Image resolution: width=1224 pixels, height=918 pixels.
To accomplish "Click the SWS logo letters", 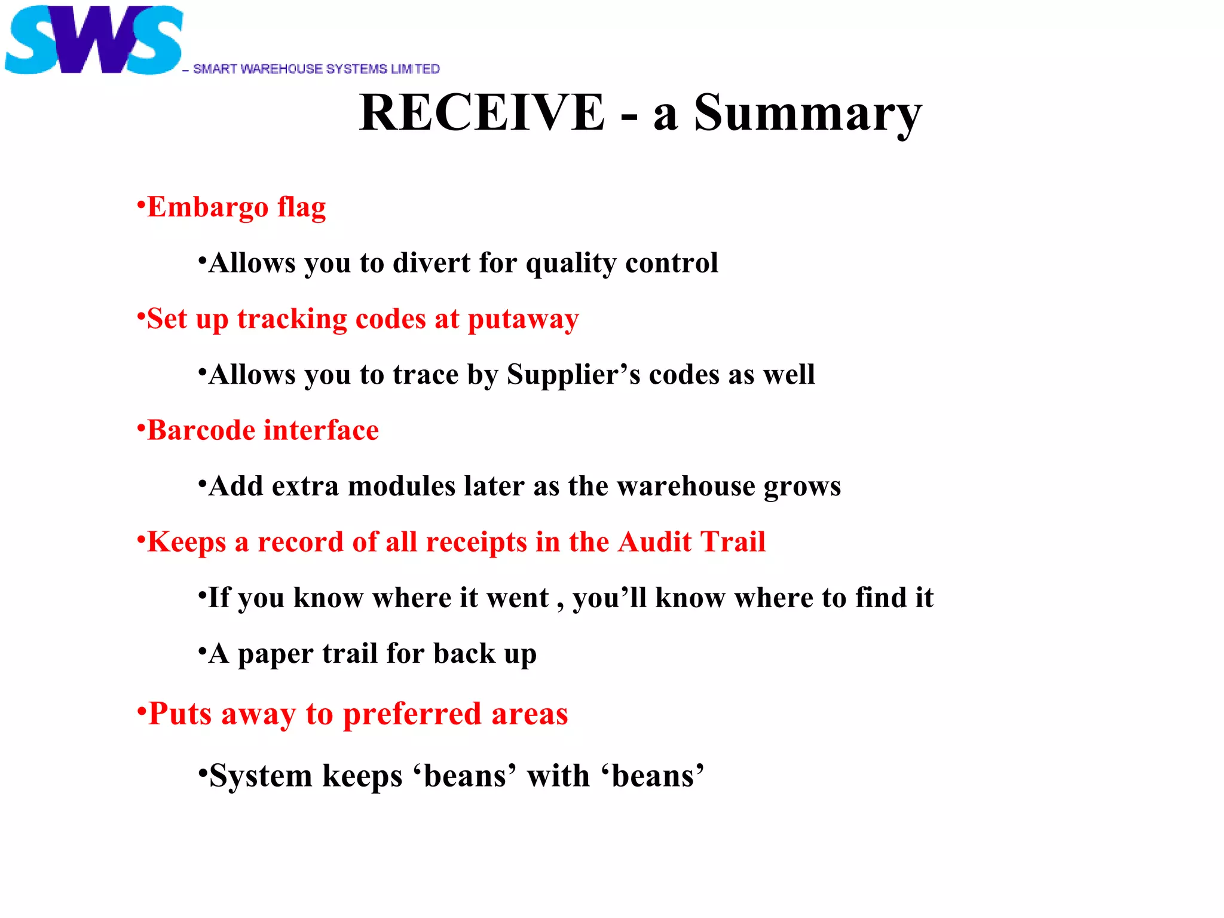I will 93,41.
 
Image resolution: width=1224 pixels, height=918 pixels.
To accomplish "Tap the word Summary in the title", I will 807,114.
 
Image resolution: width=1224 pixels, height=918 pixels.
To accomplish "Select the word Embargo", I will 208,207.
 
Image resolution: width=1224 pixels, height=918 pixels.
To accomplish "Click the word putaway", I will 523,320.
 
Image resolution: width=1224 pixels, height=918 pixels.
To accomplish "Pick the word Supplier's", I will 573,375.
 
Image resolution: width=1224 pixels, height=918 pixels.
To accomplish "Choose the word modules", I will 402,486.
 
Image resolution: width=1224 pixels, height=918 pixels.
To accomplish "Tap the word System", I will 261,776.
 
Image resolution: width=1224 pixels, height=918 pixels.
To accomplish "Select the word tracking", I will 292,320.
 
